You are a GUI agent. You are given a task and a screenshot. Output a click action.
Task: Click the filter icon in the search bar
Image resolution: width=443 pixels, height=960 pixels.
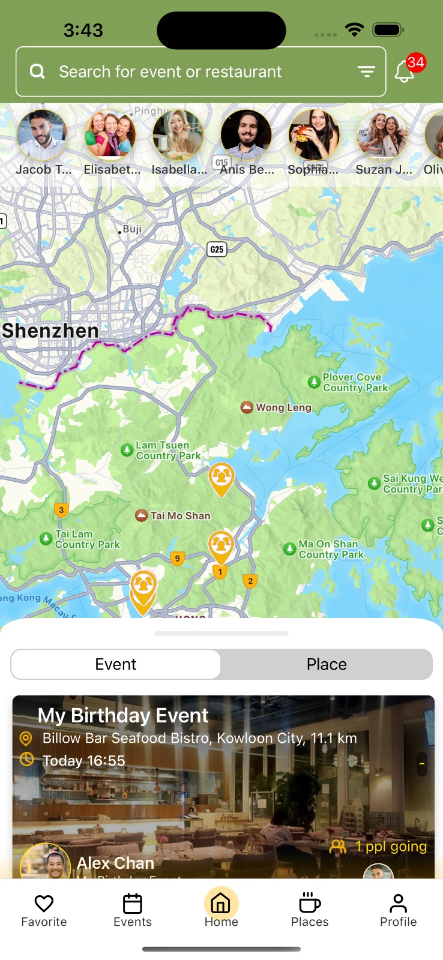366,72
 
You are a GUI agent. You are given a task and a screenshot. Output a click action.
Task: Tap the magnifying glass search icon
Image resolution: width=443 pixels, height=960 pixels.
37,72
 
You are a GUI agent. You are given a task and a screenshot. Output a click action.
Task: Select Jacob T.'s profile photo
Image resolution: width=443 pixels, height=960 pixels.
42,135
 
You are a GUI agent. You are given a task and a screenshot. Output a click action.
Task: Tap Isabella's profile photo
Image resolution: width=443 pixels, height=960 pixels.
178,135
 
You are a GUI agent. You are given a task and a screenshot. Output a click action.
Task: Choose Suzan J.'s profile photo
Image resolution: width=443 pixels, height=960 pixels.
382,135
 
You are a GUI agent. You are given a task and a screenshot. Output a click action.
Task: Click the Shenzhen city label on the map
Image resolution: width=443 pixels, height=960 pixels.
50,331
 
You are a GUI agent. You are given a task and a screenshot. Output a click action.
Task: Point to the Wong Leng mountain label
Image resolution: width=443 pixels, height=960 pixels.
283,407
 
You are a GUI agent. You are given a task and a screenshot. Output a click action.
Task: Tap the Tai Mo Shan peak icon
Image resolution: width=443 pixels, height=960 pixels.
142,515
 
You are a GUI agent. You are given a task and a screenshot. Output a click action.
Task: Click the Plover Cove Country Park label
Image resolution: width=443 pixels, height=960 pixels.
355,382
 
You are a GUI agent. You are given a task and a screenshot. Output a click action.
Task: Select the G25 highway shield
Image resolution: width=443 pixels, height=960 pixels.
217,249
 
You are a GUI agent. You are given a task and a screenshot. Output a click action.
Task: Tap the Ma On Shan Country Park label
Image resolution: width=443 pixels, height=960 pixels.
331,549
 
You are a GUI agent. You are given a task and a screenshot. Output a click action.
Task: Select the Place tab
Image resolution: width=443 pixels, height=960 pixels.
327,664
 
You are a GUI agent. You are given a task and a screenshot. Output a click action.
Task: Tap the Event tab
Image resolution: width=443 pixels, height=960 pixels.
116,664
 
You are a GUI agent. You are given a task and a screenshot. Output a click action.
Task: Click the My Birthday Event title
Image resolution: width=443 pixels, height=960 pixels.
123,715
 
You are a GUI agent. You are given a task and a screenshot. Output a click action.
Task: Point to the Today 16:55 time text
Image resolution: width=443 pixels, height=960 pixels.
84,761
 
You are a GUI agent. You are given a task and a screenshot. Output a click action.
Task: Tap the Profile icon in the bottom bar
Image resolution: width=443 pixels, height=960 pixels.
398,904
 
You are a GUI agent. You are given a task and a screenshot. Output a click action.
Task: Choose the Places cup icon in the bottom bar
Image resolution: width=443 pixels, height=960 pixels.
310,904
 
